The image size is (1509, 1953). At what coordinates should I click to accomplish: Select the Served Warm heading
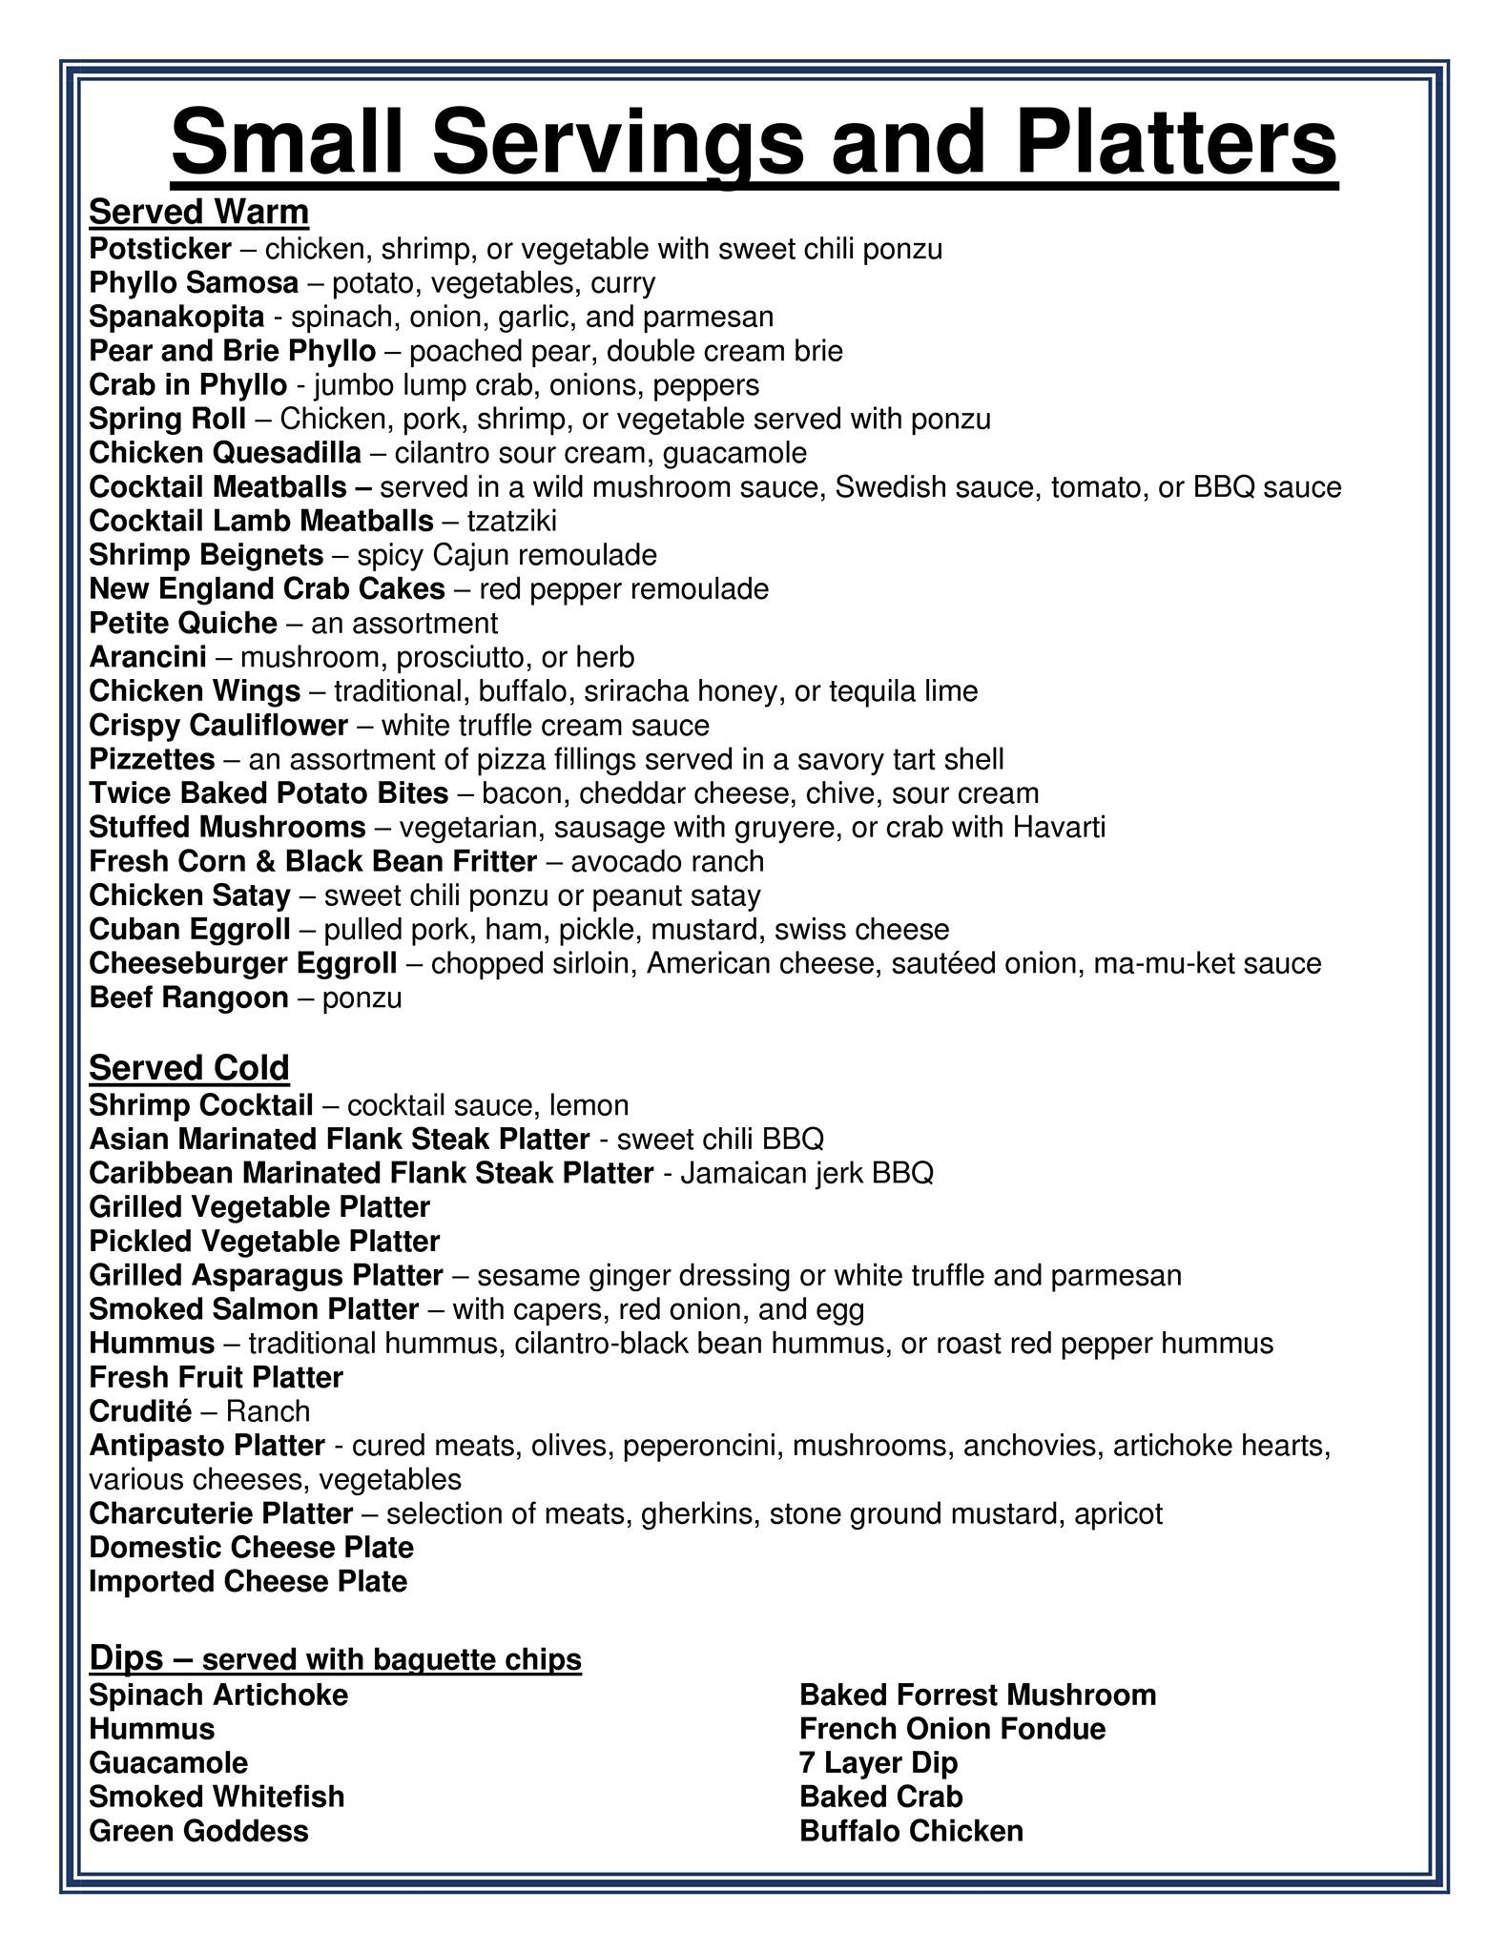point(198,212)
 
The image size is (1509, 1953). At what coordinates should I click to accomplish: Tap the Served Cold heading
point(189,1067)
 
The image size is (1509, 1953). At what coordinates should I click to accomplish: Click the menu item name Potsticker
point(159,249)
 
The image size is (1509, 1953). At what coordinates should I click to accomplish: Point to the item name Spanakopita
point(176,317)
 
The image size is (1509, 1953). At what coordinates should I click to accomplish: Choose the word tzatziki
point(511,521)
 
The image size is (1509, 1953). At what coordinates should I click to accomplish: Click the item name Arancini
point(147,657)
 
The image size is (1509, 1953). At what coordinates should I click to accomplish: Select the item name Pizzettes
point(152,759)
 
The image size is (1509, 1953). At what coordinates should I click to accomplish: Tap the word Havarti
point(1059,827)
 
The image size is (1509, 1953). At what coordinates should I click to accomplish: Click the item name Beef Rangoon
point(188,997)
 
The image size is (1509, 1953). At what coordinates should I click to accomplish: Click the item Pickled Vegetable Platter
point(264,1241)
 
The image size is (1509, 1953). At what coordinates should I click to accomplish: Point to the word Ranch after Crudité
point(268,1410)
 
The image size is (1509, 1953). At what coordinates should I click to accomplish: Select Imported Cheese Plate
point(248,1581)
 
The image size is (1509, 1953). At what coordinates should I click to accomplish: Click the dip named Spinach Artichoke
point(218,1695)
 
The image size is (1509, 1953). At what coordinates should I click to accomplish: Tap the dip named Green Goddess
point(198,1830)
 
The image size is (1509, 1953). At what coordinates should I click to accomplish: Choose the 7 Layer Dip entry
point(878,1762)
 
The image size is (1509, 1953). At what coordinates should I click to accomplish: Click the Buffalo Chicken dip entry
point(911,1830)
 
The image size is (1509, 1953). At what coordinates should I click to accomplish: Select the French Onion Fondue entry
point(952,1728)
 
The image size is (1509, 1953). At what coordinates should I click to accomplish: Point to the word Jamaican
point(730,1173)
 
